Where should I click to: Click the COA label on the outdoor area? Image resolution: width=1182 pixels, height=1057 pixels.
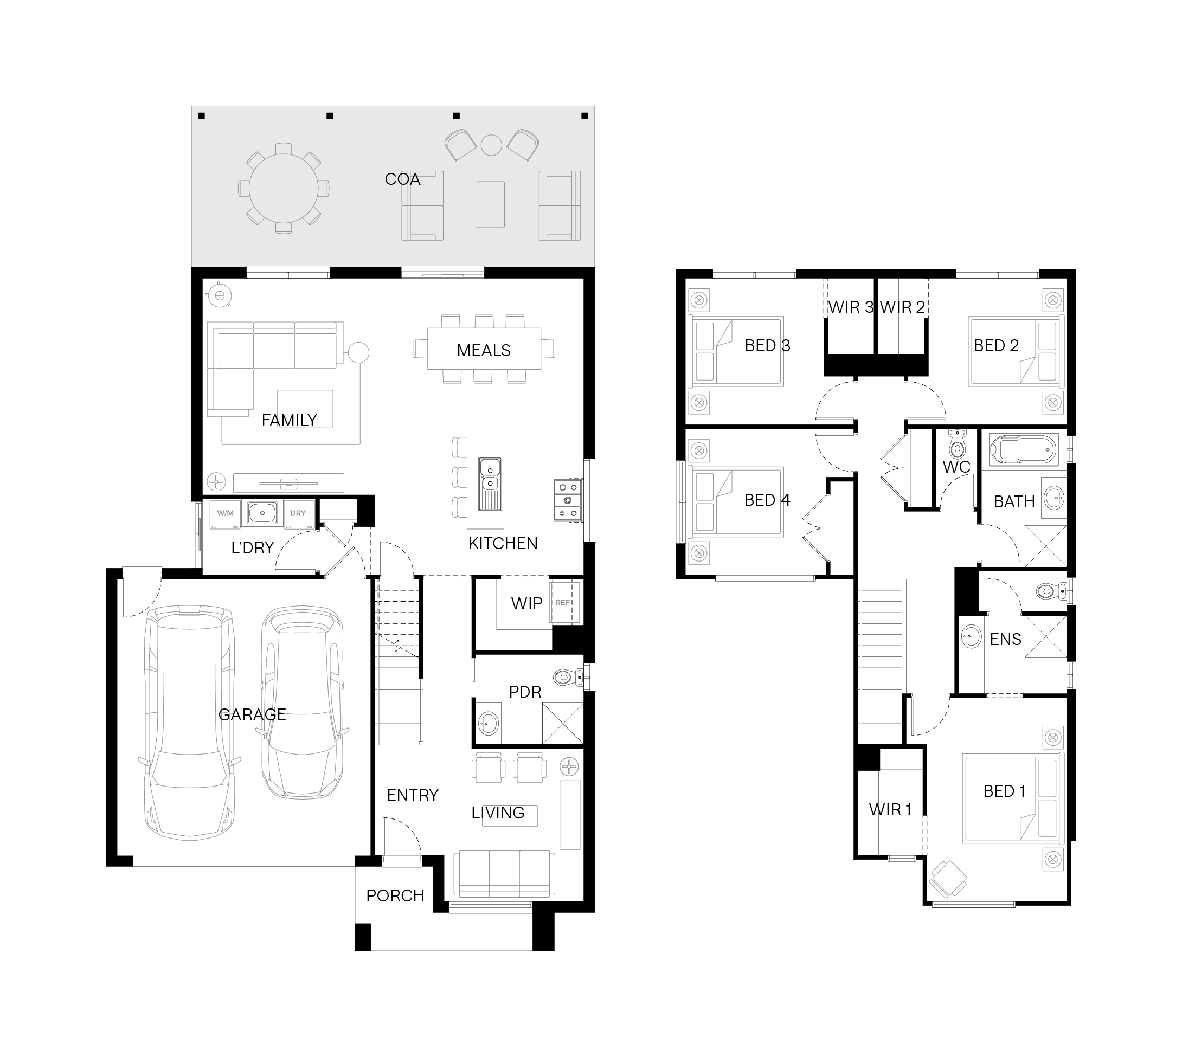click(x=402, y=179)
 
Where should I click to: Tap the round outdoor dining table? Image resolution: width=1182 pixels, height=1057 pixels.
click(x=284, y=188)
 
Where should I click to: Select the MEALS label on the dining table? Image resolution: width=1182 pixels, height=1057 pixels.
click(x=484, y=350)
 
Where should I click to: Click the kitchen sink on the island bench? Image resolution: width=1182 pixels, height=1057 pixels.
click(x=490, y=484)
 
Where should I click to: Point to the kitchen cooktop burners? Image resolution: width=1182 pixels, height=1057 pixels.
click(x=568, y=500)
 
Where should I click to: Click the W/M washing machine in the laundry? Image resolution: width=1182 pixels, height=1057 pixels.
click(x=226, y=514)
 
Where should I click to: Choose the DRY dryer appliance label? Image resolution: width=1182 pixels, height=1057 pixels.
click(x=298, y=513)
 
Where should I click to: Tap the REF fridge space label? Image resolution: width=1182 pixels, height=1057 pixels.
click(x=563, y=603)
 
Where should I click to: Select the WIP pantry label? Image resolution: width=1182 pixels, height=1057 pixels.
click(x=527, y=604)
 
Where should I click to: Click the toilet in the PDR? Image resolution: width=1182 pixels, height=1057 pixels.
click(x=569, y=677)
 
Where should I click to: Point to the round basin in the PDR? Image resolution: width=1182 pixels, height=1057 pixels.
click(x=488, y=724)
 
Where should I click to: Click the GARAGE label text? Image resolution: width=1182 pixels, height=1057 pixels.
click(x=252, y=714)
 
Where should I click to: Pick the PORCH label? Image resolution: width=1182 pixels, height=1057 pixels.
click(x=395, y=895)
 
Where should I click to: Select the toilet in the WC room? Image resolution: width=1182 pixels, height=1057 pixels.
click(x=956, y=445)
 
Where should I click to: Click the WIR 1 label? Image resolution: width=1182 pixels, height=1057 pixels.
click(x=890, y=810)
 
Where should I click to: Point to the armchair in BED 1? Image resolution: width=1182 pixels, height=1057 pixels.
click(x=948, y=879)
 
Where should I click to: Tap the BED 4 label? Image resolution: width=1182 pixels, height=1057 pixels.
click(x=767, y=500)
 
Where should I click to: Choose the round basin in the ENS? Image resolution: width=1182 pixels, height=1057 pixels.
click(x=971, y=636)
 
